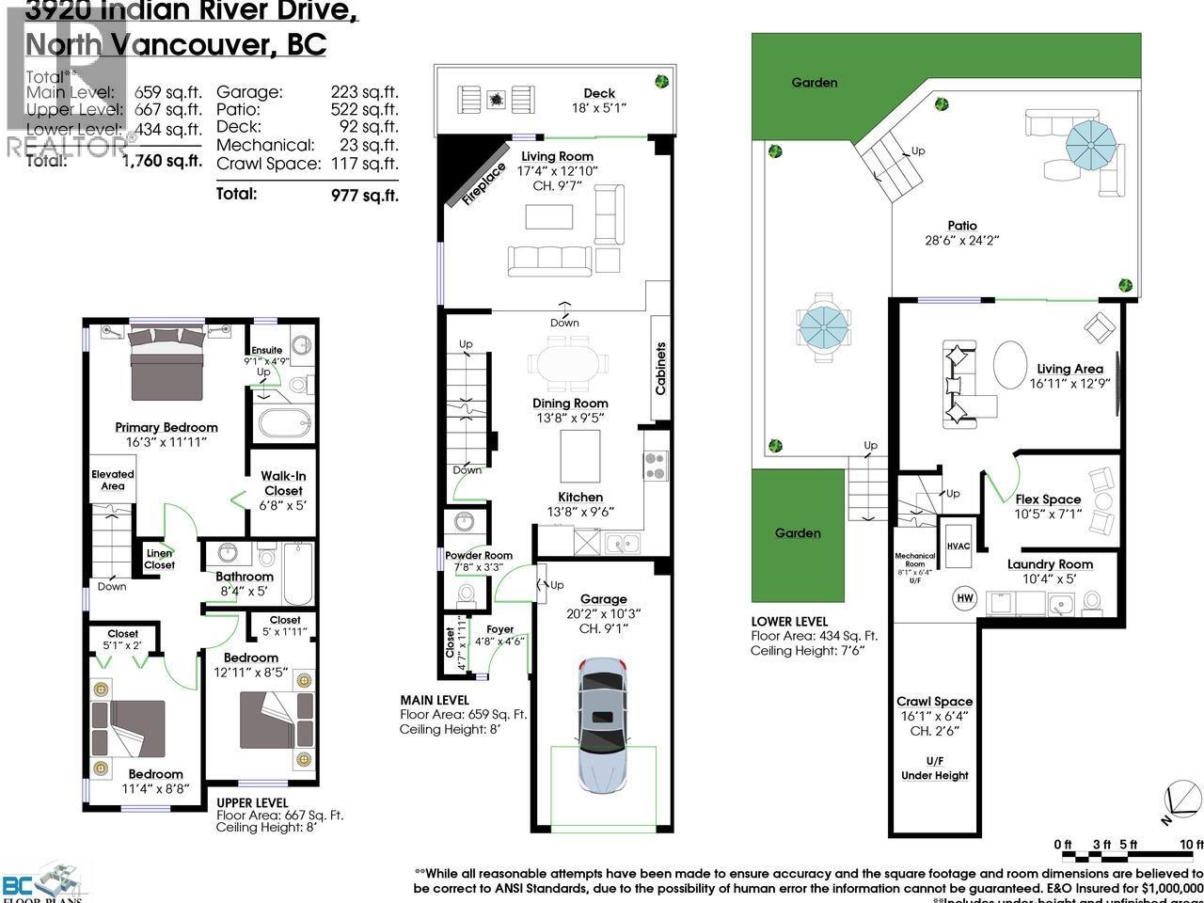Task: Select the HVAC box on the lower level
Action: [958, 546]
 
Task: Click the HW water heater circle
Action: [965, 597]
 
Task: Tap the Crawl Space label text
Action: [934, 702]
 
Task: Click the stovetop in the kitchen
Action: [655, 466]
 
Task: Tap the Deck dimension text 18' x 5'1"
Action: [599, 107]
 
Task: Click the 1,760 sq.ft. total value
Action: [162, 160]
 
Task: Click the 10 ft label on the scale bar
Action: [1191, 844]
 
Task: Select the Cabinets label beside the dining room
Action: [660, 368]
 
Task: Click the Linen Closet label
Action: [159, 559]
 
